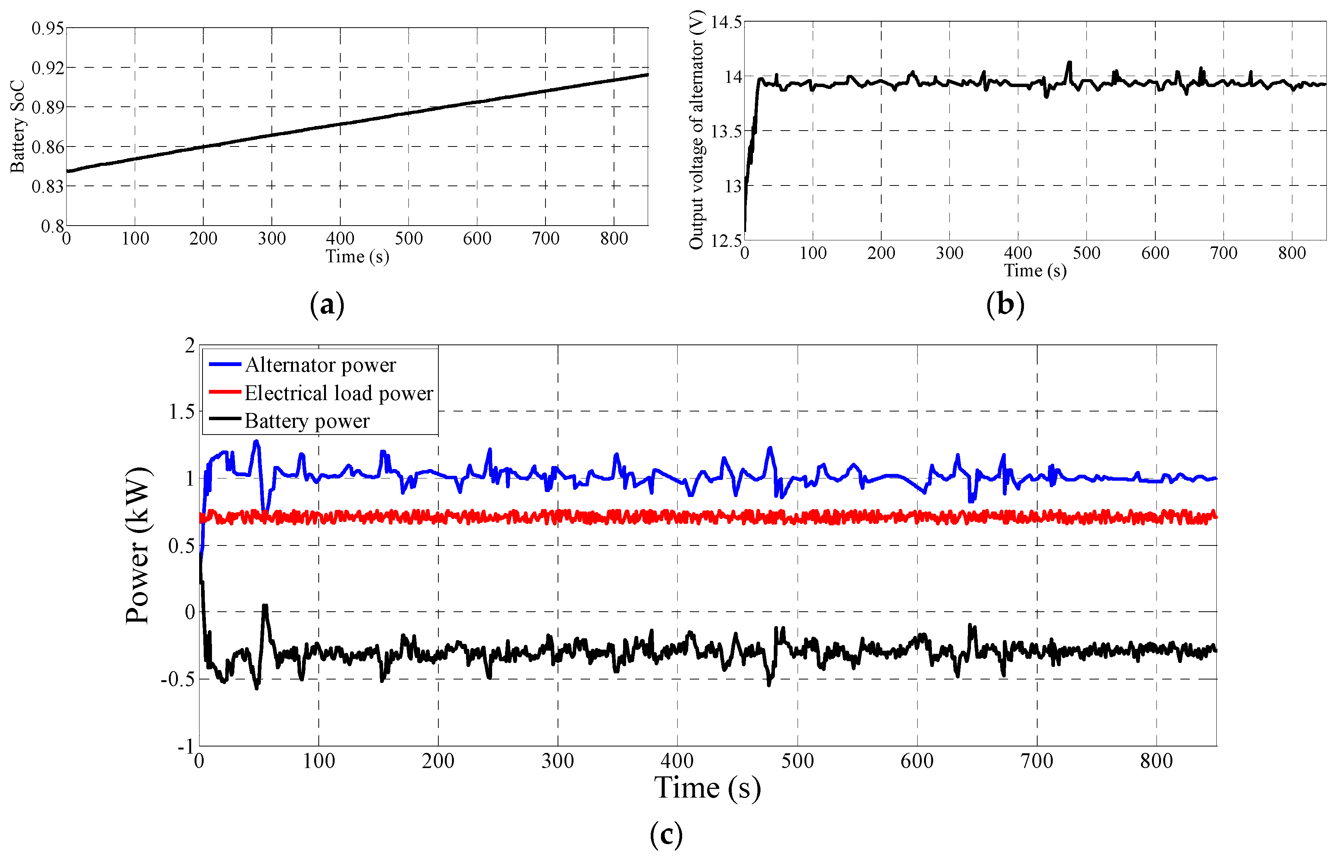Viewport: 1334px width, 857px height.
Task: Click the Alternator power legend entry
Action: [320, 365]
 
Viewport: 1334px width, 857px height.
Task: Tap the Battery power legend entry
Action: [306, 421]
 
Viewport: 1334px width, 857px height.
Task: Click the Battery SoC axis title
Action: [17, 127]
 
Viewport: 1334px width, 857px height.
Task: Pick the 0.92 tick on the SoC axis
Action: [47, 68]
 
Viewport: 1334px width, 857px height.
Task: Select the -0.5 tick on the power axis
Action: [178, 679]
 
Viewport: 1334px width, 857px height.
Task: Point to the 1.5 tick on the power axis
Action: [181, 412]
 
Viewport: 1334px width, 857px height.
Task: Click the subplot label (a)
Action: [327, 305]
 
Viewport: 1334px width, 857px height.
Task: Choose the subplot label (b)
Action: [1005, 305]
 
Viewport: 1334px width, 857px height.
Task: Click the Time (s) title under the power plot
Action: [708, 788]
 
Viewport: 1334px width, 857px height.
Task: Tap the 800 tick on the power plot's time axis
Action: [1156, 761]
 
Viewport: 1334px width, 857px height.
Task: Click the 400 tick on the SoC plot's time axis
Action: [340, 239]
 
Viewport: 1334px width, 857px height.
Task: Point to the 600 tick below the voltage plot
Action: [1155, 253]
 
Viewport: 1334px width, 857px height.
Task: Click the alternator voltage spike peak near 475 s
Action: [1069, 62]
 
